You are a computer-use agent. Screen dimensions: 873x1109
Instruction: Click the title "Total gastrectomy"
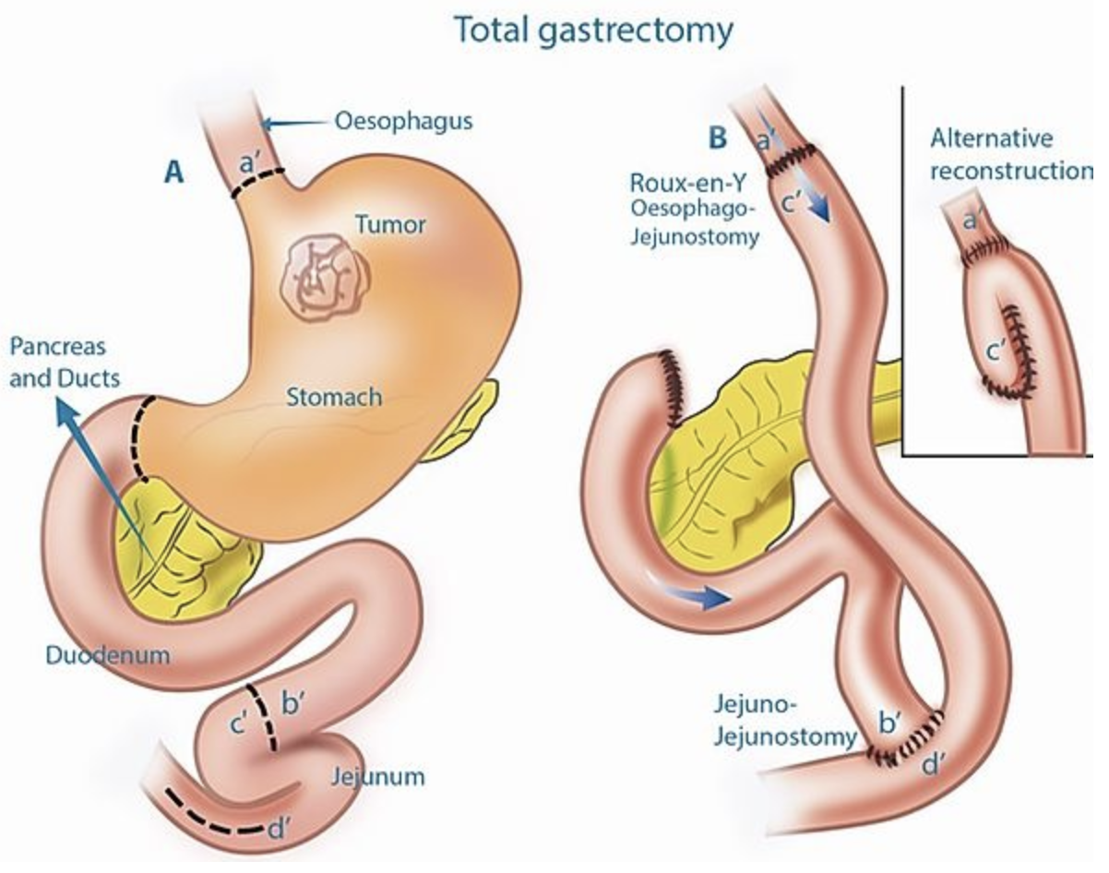[x=594, y=30]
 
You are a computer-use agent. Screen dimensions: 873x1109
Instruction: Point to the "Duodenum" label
[x=108, y=655]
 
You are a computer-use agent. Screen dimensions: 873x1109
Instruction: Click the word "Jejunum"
[x=378, y=776]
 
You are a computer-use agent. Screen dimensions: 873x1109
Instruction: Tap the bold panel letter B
[x=717, y=139]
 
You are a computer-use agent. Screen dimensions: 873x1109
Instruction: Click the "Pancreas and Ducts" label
[x=58, y=363]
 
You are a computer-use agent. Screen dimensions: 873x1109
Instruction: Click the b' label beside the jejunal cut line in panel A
[x=292, y=706]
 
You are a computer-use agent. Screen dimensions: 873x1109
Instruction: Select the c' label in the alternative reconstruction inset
[x=996, y=351]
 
